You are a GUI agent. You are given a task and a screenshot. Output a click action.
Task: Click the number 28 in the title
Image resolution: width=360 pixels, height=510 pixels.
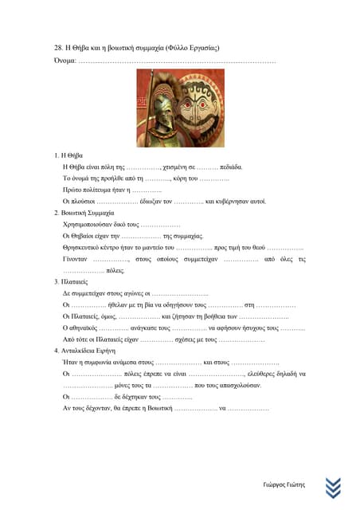pos(58,48)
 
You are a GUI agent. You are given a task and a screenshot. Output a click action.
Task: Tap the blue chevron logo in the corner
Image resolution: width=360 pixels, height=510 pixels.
pos(334,487)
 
